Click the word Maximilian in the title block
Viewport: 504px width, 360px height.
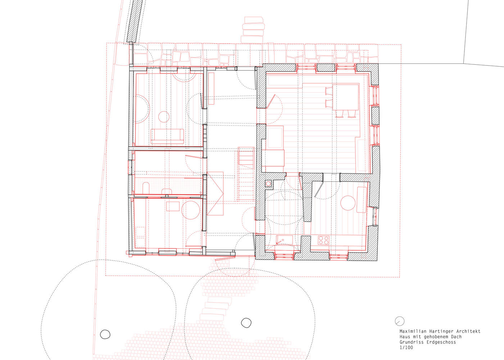coord(410,331)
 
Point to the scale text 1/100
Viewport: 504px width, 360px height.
coord(406,348)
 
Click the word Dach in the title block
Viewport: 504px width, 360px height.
coord(456,337)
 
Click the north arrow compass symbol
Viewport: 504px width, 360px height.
coord(400,321)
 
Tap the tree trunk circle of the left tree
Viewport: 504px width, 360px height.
coord(105,334)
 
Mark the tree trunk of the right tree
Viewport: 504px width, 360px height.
coord(246,323)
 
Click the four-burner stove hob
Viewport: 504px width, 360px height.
coord(323,240)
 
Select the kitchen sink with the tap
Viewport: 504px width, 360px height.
coord(285,240)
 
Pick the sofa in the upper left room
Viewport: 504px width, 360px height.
coord(167,136)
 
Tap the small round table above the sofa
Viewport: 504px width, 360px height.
coord(164,117)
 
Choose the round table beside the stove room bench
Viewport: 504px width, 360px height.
coord(348,203)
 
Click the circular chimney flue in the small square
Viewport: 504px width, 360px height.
coord(268,184)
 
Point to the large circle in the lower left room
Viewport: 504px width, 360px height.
coord(191,210)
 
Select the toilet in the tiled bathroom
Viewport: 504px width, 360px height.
coord(146,188)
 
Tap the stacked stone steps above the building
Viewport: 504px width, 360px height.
coord(253,30)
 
